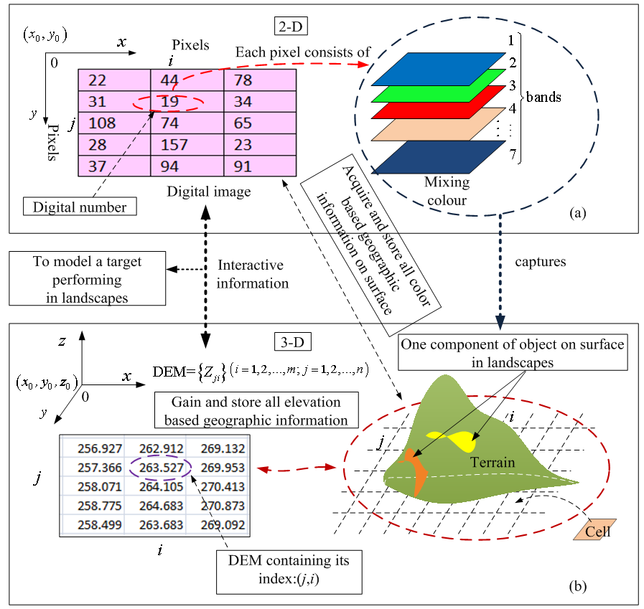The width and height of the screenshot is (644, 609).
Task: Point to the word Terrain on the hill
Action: click(x=493, y=462)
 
